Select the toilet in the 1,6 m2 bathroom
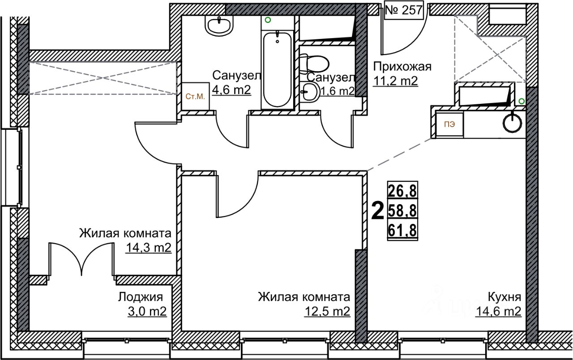pyautogui.click(x=315, y=64)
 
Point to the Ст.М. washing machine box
pyautogui.click(x=196, y=96)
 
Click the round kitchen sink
pyautogui.click(x=513, y=123)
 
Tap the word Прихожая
pyautogui.click(x=402, y=67)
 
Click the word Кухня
pyautogui.click(x=505, y=296)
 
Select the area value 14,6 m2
pyautogui.click(x=499, y=311)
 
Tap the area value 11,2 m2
pyautogui.click(x=395, y=81)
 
